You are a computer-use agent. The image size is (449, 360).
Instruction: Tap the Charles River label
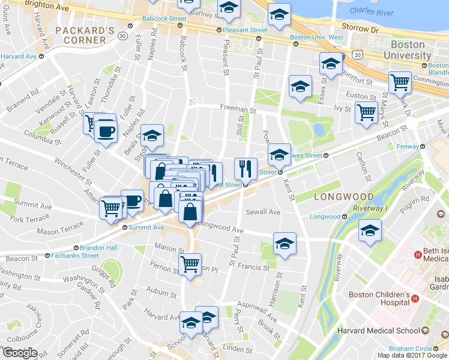tap(370, 11)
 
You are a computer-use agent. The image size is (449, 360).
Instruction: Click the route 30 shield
tap(122, 36)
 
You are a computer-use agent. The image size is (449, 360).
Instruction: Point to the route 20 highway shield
tap(358, 55)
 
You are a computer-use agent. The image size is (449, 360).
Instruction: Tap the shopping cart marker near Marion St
tap(190, 263)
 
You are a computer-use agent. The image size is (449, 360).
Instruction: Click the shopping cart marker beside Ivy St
tap(366, 112)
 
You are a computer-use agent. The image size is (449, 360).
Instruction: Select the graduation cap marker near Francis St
tap(285, 244)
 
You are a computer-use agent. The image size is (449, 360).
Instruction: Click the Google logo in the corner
tap(20, 353)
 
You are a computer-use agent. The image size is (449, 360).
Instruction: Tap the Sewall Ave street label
tap(264, 212)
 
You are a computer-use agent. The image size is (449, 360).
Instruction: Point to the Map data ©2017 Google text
tap(412, 355)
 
